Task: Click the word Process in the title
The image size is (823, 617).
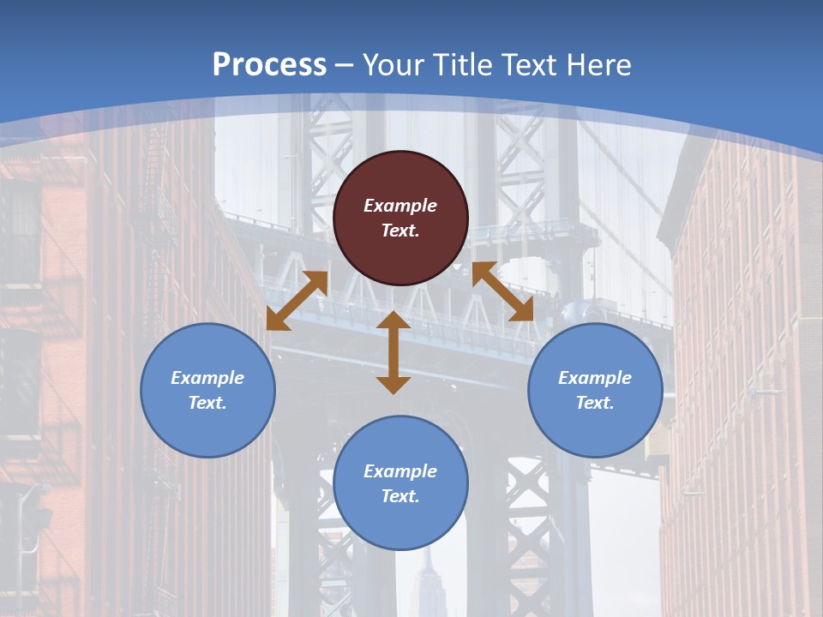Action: [x=269, y=65]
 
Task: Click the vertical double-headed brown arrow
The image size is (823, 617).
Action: [x=393, y=352]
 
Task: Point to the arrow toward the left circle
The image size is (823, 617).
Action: [x=297, y=300]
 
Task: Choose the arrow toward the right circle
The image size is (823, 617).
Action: [x=502, y=291]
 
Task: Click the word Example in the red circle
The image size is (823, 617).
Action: [x=400, y=206]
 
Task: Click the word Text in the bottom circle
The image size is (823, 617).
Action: [x=399, y=496]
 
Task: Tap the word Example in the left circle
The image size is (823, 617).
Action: [x=207, y=378]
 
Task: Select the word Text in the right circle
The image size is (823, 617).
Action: [x=593, y=403]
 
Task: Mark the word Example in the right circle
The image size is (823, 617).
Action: [x=595, y=378]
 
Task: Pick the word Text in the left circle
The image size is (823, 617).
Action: [x=206, y=403]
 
